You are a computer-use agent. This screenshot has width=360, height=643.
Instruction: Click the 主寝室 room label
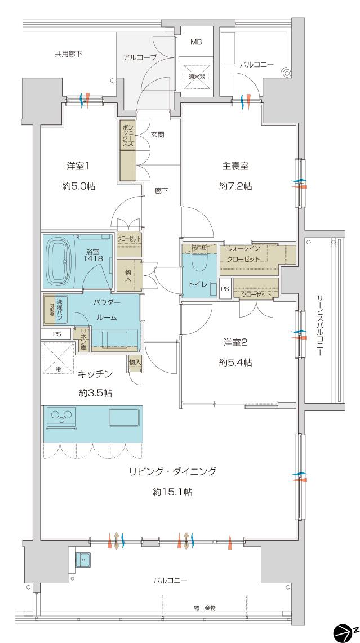coord(235,166)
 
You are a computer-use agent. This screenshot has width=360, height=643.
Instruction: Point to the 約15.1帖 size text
coord(172,492)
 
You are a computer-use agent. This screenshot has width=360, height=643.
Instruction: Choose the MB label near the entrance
coord(195,42)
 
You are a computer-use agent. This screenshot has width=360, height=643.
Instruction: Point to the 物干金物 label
coord(204,609)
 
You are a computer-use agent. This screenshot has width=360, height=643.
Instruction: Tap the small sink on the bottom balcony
coord(83,560)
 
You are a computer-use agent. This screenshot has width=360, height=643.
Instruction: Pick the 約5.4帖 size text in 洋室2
coord(235,363)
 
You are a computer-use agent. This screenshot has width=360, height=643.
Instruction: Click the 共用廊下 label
coord(68,55)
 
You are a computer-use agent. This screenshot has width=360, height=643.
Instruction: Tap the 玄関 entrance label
coord(158,135)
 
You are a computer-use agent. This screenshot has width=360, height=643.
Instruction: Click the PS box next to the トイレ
coord(225,289)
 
